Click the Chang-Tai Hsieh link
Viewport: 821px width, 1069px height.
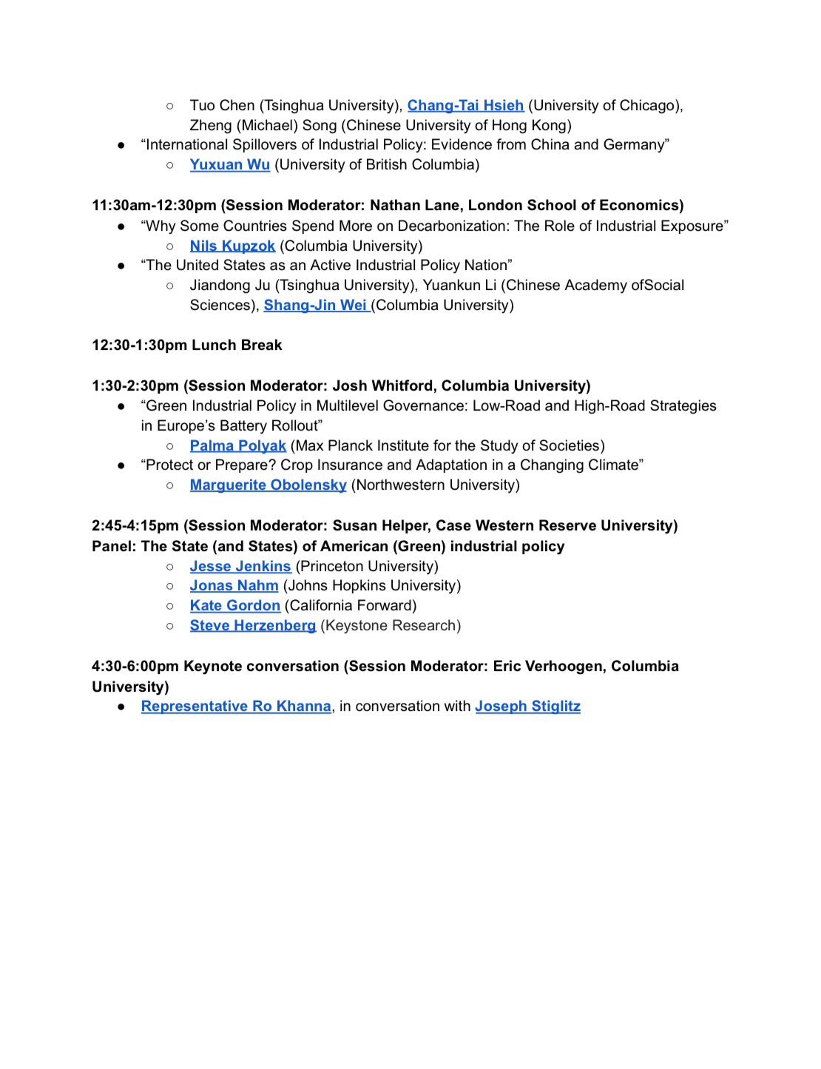pyautogui.click(x=465, y=106)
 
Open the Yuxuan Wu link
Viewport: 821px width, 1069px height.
pyautogui.click(x=229, y=165)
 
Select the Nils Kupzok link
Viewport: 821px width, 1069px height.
pyautogui.click(x=232, y=246)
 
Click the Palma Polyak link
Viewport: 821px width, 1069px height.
pyautogui.click(x=237, y=446)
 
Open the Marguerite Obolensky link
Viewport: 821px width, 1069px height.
pyautogui.click(x=268, y=485)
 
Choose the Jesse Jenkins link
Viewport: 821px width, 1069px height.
pyautogui.click(x=240, y=567)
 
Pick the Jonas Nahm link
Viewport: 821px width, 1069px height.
pyautogui.click(x=234, y=586)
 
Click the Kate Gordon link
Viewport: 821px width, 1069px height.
pyautogui.click(x=234, y=606)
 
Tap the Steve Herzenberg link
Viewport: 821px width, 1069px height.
pyautogui.click(x=252, y=626)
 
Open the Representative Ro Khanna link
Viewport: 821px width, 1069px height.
pyautogui.click(x=236, y=707)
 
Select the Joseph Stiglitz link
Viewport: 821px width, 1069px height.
pyautogui.click(x=527, y=707)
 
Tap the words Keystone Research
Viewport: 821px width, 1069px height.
pyautogui.click(x=391, y=626)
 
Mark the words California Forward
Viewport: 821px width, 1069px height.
pyautogui.click(x=351, y=606)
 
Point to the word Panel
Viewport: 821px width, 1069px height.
pyautogui.click(x=112, y=547)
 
